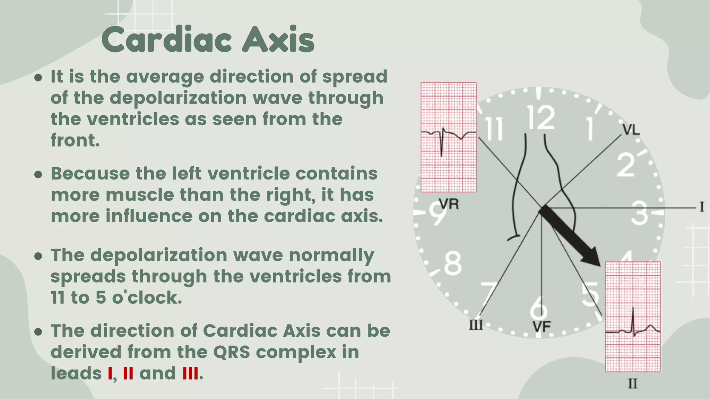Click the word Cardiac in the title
167,40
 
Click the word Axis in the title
278,40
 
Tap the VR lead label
449,204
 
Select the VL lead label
631,130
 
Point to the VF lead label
542,327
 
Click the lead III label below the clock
476,325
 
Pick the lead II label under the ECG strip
633,384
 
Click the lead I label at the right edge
702,207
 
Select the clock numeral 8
453,263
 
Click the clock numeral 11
494,129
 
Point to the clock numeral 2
626,165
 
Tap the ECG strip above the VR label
449,138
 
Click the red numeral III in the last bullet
190,374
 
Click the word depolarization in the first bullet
178,98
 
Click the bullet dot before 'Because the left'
38,174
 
